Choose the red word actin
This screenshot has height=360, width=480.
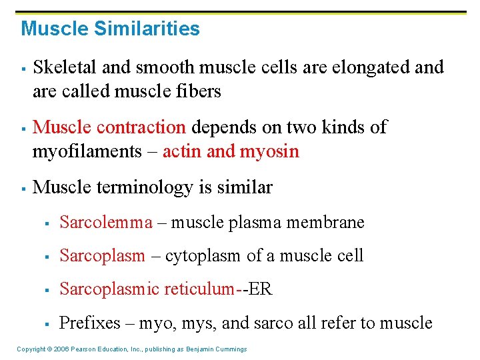coord(181,151)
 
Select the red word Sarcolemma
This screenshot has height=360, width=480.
coord(106,222)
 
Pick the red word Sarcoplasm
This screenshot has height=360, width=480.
coord(102,255)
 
